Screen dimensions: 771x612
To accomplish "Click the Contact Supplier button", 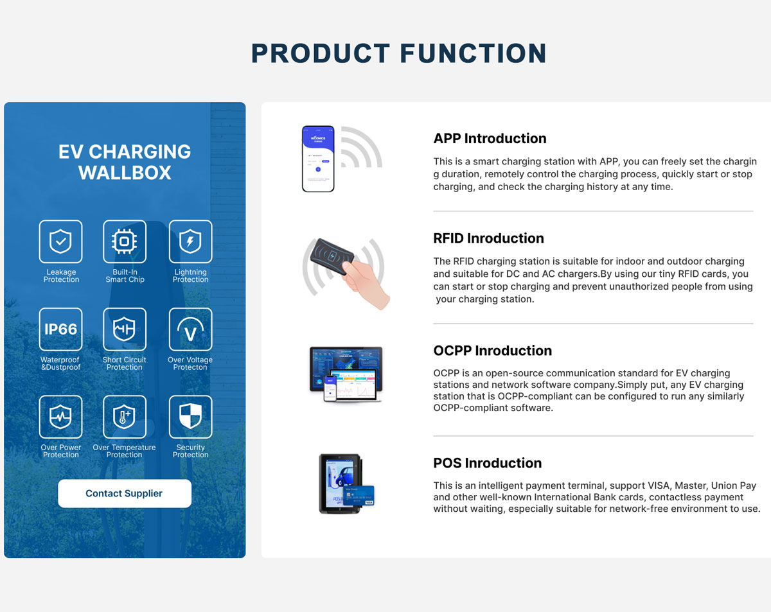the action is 124,493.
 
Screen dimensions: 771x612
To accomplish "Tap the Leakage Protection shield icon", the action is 60,241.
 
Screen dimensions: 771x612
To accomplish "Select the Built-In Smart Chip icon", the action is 124,241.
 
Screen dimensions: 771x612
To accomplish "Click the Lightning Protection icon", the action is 190,241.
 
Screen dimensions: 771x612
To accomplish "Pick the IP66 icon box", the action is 60,329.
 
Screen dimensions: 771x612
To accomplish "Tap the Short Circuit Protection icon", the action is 124,329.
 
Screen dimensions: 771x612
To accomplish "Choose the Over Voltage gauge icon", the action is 190,329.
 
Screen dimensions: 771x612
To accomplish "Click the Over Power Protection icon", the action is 60,417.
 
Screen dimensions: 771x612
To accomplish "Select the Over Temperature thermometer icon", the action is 124,417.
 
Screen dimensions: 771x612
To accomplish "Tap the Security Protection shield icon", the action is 190,417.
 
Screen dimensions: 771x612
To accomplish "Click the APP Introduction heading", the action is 490,139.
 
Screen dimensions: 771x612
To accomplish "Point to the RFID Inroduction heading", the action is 489,238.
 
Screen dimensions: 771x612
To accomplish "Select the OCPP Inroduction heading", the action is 493,351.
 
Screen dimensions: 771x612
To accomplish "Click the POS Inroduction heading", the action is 488,463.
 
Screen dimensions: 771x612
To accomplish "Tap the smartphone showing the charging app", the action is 318,159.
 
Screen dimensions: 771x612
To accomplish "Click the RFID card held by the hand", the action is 332,256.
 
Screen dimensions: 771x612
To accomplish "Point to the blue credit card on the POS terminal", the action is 359,496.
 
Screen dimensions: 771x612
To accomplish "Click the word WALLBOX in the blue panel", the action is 125,173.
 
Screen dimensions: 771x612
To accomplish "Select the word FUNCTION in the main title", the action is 473,53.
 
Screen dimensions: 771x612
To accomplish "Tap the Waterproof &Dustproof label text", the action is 60,363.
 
